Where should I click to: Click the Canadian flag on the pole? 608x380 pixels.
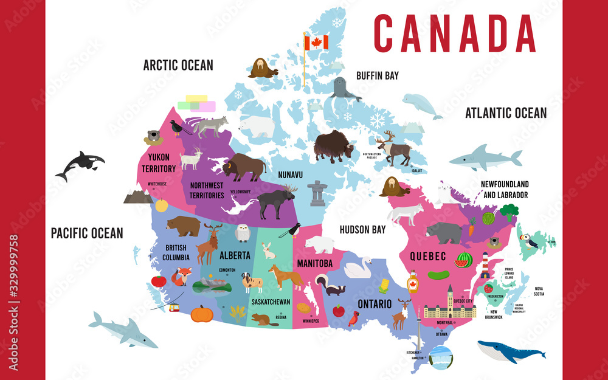pos(316,42)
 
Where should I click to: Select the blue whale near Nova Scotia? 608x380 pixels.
pos(511,351)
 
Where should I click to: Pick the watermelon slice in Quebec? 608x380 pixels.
pos(464,260)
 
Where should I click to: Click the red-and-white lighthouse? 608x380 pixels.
pos(485,266)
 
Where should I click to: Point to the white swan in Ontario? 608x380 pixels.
pos(358,268)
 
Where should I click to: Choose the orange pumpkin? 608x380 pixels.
pos(201,313)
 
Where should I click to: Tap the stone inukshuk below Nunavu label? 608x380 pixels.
pos(316,194)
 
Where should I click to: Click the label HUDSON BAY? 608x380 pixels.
pos(362,230)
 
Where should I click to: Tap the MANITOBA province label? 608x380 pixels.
pos(314,263)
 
